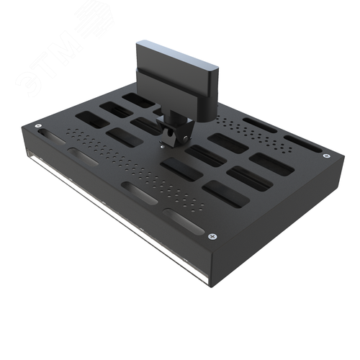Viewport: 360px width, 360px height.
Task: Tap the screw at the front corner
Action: click(211, 236)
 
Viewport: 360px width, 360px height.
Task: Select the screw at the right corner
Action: click(327, 156)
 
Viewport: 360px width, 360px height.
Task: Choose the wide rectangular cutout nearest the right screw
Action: click(272, 165)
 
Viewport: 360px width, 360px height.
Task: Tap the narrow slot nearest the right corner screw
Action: click(302, 143)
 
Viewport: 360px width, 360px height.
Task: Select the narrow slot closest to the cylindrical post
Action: click(259, 125)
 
